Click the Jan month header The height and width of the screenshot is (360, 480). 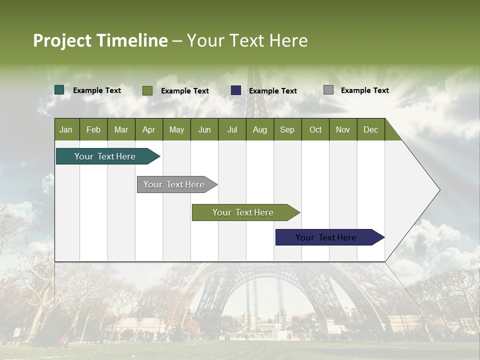66,130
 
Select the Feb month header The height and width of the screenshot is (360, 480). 93,130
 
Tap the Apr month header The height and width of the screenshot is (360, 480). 149,130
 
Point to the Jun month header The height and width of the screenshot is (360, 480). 204,130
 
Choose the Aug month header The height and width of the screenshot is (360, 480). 260,130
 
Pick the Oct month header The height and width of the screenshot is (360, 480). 315,130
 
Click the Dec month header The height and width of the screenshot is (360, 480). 370,130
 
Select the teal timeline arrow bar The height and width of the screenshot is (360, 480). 108,156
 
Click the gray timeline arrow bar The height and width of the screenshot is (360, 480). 177,184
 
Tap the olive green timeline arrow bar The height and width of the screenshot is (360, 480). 246,212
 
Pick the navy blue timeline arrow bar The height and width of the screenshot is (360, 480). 330,237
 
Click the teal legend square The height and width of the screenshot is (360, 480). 59,90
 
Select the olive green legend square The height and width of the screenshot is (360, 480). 147,90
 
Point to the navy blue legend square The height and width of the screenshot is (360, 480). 236,90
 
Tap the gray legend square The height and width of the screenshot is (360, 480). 328,90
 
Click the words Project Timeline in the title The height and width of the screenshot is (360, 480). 100,40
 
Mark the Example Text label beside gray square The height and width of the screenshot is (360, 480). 365,90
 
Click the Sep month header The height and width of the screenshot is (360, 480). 287,130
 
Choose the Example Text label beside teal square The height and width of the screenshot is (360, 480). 96,90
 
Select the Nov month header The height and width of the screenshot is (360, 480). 343,130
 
